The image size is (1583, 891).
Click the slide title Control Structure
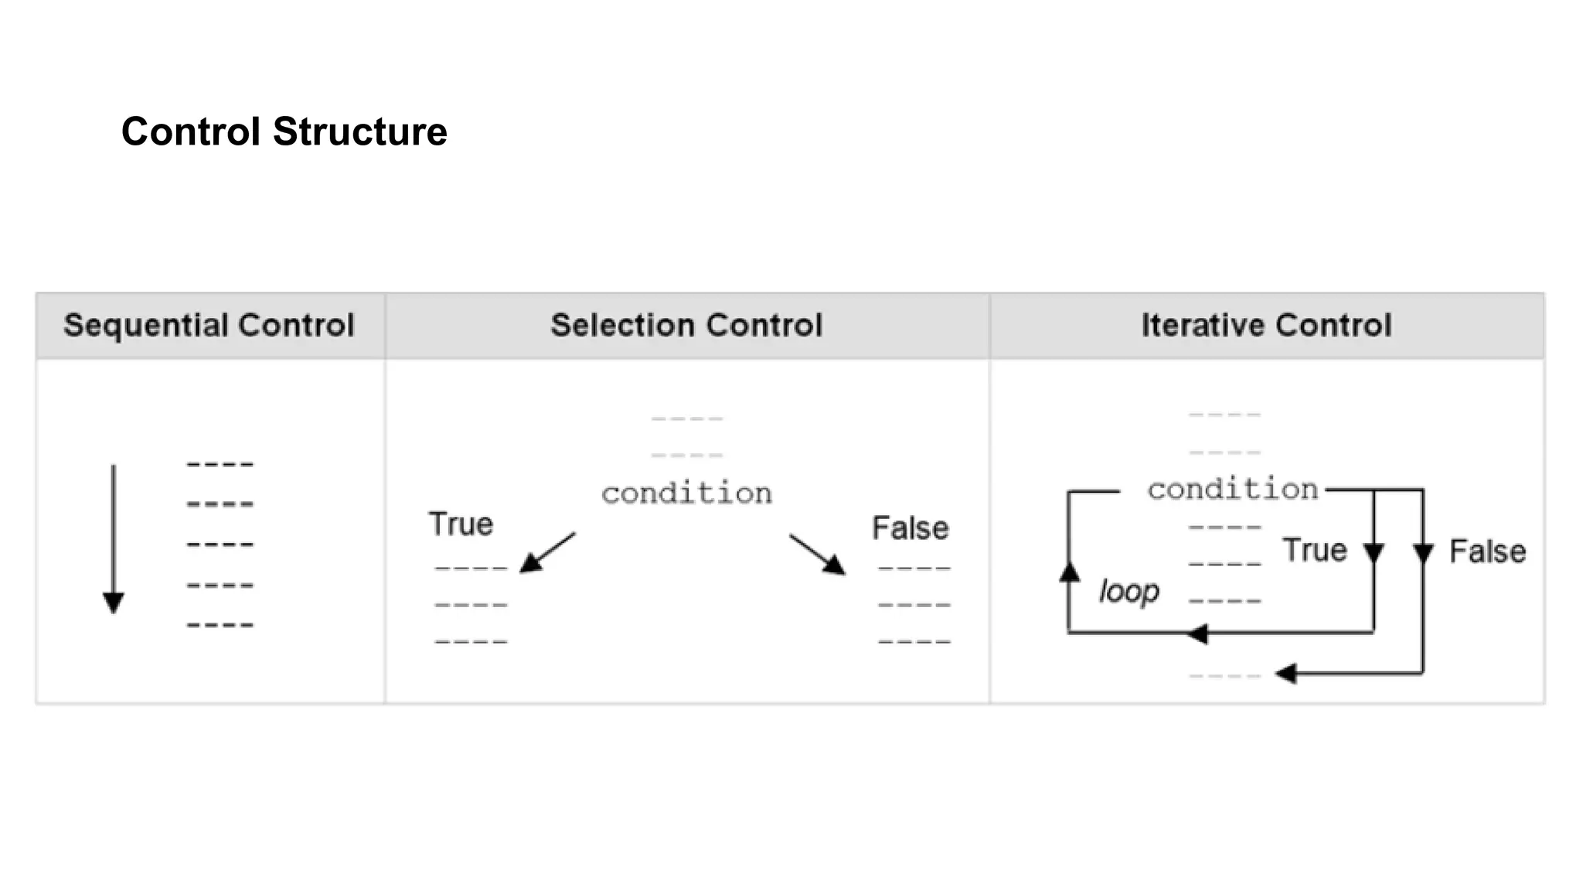click(284, 131)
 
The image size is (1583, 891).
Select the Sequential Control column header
click(209, 325)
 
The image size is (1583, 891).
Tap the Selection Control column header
click(686, 325)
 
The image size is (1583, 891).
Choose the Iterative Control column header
click(1266, 325)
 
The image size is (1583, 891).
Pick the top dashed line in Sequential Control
click(220, 465)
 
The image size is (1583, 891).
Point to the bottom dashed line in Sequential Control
click(220, 625)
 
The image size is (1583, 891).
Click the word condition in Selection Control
click(686, 493)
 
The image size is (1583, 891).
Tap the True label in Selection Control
click(461, 524)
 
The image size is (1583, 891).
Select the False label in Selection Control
click(910, 528)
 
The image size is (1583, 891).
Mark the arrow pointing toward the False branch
click(819, 555)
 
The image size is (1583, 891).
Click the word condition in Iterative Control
click(1232, 490)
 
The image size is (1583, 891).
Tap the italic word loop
click(1129, 592)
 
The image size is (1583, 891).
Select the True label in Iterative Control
click(1314, 551)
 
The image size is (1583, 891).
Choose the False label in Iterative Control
click(1487, 552)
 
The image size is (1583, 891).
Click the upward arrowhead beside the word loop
click(1069, 572)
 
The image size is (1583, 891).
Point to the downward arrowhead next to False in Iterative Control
click(1423, 553)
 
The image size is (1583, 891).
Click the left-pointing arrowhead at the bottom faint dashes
click(1286, 674)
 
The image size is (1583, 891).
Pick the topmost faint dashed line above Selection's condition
click(686, 419)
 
